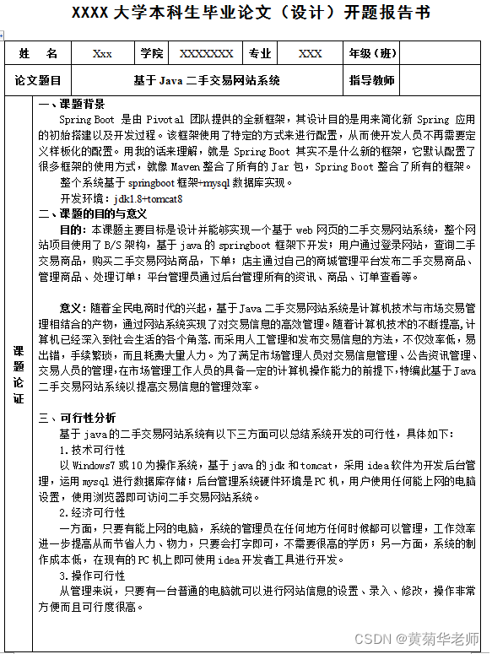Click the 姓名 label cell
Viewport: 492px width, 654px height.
click(x=38, y=54)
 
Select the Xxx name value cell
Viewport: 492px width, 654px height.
click(x=102, y=54)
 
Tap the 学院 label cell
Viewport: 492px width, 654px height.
click(x=153, y=54)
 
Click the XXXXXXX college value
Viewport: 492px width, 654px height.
click(x=207, y=54)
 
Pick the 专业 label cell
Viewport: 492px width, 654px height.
click(x=260, y=54)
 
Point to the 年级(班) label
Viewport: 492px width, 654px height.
click(x=373, y=54)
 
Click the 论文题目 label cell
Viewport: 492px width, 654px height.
click(x=38, y=82)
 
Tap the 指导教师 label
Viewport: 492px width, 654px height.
click(x=372, y=82)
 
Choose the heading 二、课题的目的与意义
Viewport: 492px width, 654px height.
click(x=93, y=213)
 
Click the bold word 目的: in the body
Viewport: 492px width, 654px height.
click(x=73, y=230)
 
